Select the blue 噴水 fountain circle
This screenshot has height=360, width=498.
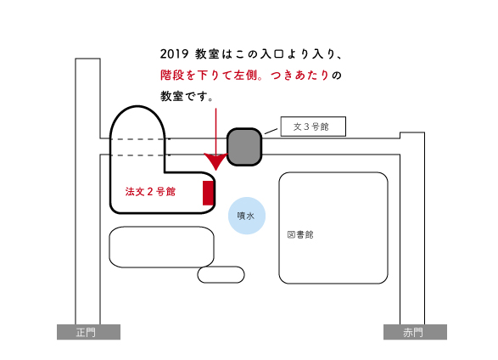point(247,216)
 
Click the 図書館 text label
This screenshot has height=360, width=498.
point(300,234)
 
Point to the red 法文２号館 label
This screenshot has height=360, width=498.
point(150,192)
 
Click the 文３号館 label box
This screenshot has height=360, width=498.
point(313,127)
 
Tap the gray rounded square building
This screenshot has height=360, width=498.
point(244,147)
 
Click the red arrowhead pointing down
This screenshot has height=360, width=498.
point(216,161)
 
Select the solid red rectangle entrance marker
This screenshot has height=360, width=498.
point(208,193)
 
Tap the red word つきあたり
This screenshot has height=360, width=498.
point(299,76)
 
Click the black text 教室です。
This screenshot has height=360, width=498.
point(187,96)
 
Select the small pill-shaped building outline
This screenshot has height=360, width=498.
point(221,274)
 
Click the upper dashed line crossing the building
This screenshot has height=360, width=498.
point(140,139)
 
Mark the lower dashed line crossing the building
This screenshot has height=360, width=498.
point(140,155)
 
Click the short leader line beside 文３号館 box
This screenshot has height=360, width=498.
point(271,131)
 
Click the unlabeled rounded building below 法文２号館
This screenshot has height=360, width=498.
point(161,247)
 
